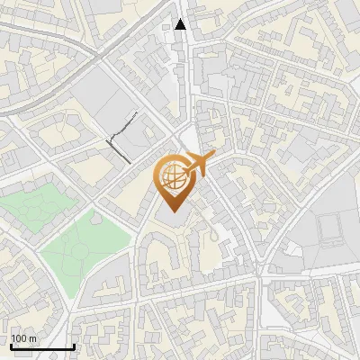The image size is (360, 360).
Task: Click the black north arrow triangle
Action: (x=181, y=24)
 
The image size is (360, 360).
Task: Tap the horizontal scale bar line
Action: (x=42, y=346)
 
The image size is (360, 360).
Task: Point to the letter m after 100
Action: (x=32, y=338)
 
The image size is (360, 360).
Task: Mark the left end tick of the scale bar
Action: (x=11, y=345)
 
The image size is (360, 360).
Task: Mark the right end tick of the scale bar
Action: (x=74, y=345)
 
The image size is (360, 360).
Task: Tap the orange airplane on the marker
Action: (x=197, y=165)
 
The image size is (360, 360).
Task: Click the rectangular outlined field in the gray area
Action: (x=330, y=229)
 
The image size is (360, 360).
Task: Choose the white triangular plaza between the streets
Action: (x=187, y=135)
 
